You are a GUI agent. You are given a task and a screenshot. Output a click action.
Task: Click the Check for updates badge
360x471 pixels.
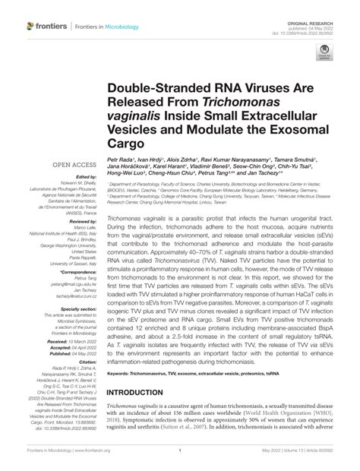pos(324,54)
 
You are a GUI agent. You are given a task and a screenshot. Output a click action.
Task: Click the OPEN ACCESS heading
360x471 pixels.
pos(66,164)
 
